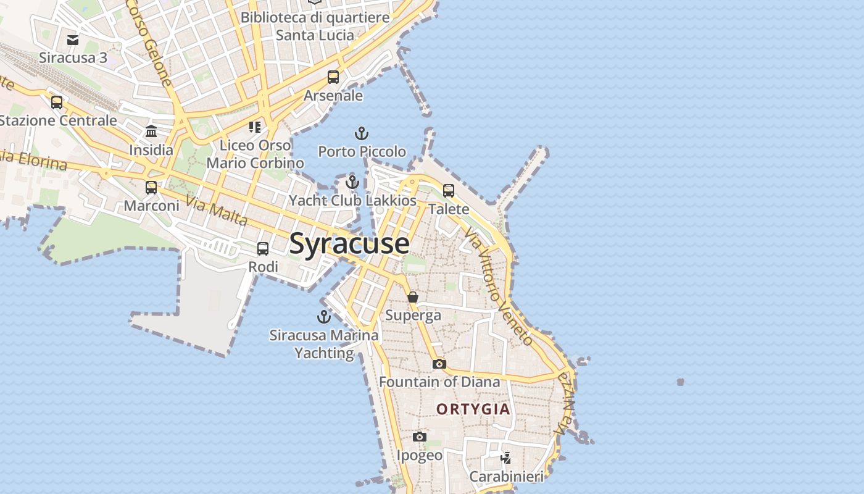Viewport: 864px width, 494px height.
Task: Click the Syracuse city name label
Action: pos(349,243)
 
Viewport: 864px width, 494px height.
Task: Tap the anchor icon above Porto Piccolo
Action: pos(361,133)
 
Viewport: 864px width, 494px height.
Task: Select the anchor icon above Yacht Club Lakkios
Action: pos(352,182)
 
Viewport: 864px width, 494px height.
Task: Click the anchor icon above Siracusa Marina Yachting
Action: pos(324,317)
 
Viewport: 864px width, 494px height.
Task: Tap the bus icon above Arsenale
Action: pos(333,77)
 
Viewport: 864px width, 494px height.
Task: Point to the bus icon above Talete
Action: pos(449,191)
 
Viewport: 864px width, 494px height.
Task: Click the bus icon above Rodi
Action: pos(263,249)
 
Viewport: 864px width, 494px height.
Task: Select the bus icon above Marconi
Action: pos(151,188)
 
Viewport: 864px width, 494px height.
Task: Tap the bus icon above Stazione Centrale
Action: pos(57,102)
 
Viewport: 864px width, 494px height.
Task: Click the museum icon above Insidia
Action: pos(151,132)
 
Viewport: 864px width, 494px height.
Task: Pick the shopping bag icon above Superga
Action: pos(413,298)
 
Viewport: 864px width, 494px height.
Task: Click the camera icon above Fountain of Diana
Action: pos(439,364)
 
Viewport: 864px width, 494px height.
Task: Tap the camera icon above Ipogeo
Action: pos(420,437)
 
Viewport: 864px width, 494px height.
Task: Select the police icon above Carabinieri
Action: pos(506,458)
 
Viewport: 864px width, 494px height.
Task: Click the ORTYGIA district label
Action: pos(473,409)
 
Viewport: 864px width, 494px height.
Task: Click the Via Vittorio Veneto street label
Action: pos(499,285)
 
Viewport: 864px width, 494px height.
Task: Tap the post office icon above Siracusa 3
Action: pos(73,40)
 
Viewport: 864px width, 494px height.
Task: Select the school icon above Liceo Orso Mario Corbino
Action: pos(255,127)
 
